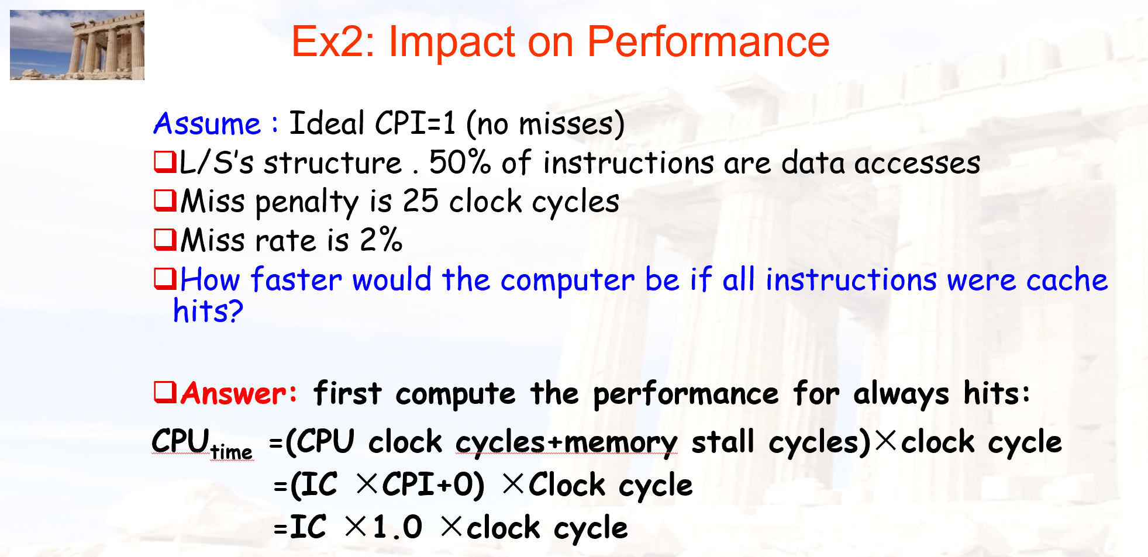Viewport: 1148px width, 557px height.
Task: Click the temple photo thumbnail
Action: [77, 45]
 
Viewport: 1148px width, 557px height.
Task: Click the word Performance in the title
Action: [708, 42]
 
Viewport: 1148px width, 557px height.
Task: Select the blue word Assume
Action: [207, 124]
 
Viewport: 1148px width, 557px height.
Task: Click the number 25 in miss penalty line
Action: [420, 201]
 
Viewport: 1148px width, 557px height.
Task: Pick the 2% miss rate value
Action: [381, 240]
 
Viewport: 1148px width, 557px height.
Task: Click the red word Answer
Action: [239, 393]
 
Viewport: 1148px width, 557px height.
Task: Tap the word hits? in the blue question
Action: [208, 311]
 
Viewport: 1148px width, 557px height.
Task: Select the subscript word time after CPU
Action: [232, 452]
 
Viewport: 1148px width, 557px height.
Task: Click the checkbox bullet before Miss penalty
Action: [165, 200]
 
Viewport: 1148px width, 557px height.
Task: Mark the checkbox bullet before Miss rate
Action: [165, 239]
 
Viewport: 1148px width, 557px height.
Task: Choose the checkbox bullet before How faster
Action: [165, 278]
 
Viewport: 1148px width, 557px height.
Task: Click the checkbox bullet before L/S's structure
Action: [165, 161]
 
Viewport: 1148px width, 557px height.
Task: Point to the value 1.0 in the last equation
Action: [397, 527]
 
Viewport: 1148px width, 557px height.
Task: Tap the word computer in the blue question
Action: [567, 281]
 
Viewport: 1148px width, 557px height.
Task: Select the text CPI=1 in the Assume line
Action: [415, 123]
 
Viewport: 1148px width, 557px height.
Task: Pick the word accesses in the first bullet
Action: [917, 163]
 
